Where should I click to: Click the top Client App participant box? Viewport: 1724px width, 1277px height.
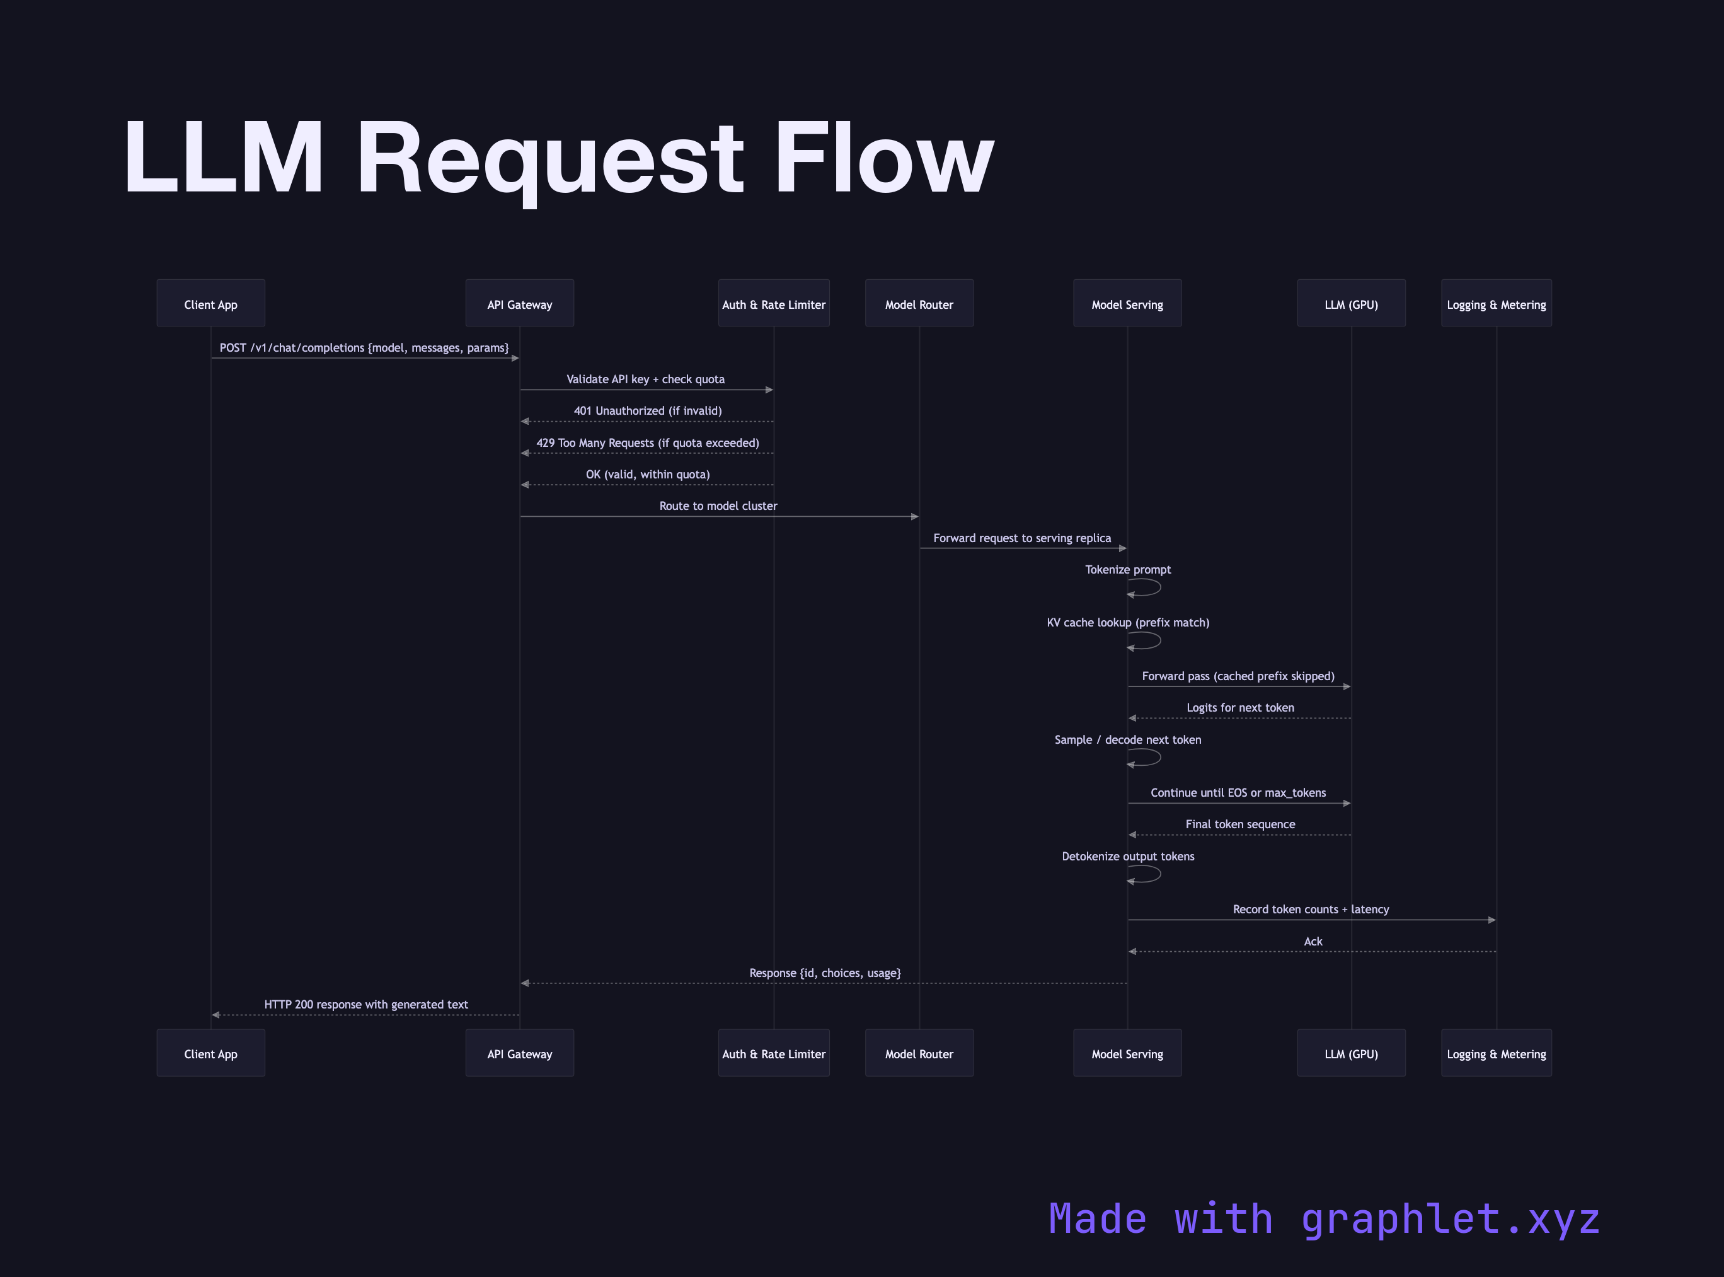click(x=210, y=303)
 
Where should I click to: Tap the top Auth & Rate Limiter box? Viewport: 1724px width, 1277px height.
click(x=774, y=303)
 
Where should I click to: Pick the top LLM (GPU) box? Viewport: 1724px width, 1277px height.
click(x=1351, y=303)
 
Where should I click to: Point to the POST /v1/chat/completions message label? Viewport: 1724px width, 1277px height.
click(x=364, y=348)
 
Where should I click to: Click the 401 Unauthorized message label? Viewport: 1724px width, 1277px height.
click(x=648, y=410)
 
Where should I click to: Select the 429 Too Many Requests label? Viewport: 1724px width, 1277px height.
click(x=648, y=443)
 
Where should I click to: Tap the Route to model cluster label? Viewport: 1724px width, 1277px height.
click(x=718, y=506)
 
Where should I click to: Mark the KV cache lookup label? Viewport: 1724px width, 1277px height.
click(x=1127, y=622)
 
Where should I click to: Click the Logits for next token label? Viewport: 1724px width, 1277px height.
click(x=1239, y=707)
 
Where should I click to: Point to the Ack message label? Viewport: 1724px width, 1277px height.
click(x=1313, y=941)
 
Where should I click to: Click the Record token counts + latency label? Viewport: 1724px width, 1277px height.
click(x=1311, y=909)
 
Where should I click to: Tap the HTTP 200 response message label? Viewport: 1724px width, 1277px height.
click(x=365, y=1004)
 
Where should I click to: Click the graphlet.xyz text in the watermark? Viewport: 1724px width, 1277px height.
click(x=1450, y=1219)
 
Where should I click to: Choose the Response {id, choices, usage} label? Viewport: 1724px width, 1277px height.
click(x=825, y=973)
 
